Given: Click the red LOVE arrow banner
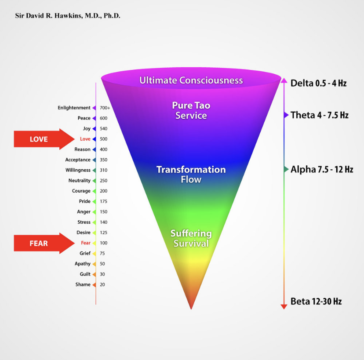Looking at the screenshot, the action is [44, 139].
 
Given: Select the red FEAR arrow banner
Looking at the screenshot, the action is [44, 243].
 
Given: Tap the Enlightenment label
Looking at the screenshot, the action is [74, 108].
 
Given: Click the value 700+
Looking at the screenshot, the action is [105, 108].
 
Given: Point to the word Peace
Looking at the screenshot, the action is [84, 118].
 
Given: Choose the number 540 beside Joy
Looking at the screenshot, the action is [104, 129].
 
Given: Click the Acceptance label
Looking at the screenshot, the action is [78, 160].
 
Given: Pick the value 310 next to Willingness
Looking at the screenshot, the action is [104, 170].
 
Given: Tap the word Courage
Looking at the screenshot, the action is [81, 191].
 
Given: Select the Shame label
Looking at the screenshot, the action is [83, 284].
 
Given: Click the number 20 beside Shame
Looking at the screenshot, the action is [102, 284].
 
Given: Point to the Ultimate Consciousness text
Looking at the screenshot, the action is [191, 80].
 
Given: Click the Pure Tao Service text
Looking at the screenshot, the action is [191, 110].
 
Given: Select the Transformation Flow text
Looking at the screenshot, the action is [191, 175].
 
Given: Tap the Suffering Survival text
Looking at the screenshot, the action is [191, 238].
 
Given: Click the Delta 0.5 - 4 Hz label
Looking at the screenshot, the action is [318, 83].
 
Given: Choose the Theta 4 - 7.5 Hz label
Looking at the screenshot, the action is [320, 115].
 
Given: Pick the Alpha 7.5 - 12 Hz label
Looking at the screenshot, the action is [322, 169].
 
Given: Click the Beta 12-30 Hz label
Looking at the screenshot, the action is [316, 301].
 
